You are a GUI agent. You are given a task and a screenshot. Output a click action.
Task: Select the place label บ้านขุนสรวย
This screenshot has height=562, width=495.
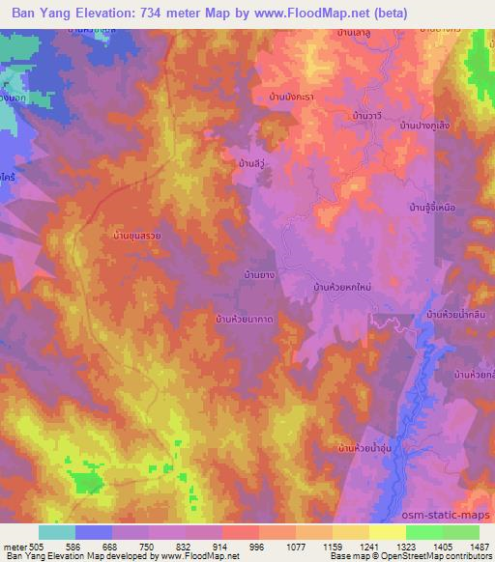click(x=142, y=234)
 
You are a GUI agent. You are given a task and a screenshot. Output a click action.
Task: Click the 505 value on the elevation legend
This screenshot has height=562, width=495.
click(x=37, y=546)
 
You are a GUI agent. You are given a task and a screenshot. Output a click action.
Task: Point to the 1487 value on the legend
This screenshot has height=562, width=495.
click(x=479, y=546)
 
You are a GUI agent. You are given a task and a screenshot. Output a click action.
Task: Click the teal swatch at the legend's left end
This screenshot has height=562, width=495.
click(x=56, y=532)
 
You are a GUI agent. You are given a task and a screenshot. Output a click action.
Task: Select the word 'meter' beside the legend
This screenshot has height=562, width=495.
click(x=14, y=546)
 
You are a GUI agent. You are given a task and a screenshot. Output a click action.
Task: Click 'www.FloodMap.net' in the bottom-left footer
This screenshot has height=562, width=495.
click(x=199, y=556)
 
